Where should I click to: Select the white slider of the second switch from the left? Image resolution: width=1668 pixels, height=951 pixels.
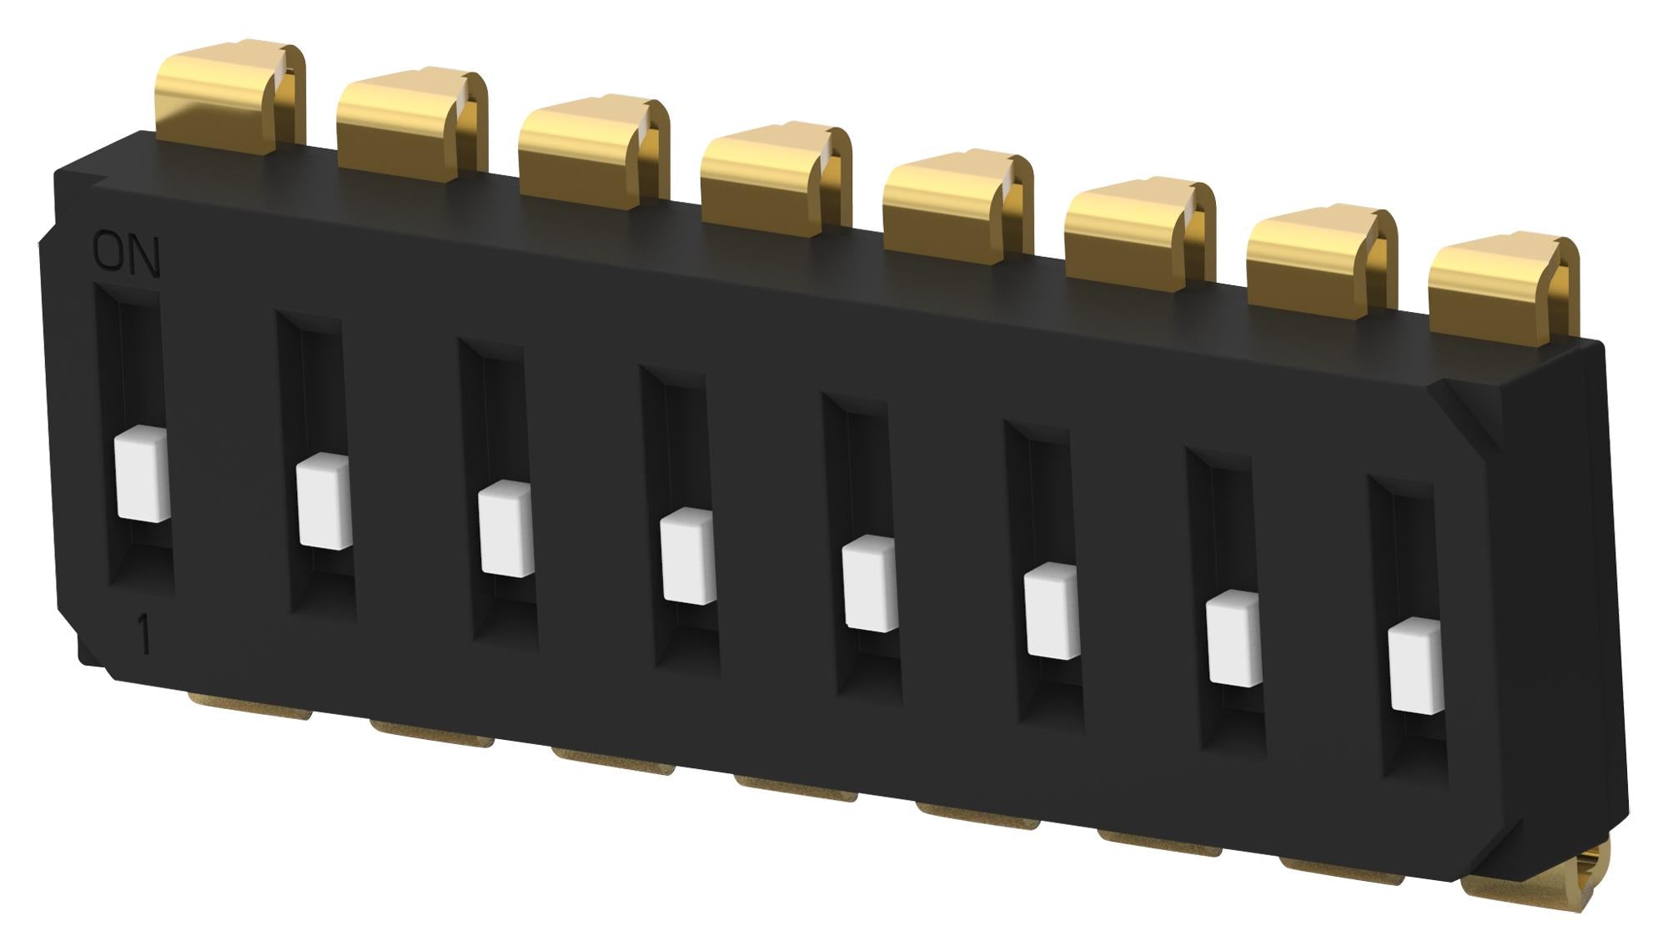pos(324,501)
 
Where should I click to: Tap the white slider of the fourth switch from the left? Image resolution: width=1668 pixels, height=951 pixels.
pos(688,556)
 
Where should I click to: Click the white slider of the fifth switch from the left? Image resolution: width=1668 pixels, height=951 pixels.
pos(870,583)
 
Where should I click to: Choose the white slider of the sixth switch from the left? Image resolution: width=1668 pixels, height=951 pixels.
pos(1052,611)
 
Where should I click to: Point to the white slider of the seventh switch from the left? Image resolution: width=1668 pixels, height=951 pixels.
pos(1233,638)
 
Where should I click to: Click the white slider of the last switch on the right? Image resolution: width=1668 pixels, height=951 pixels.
pos(1415,667)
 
